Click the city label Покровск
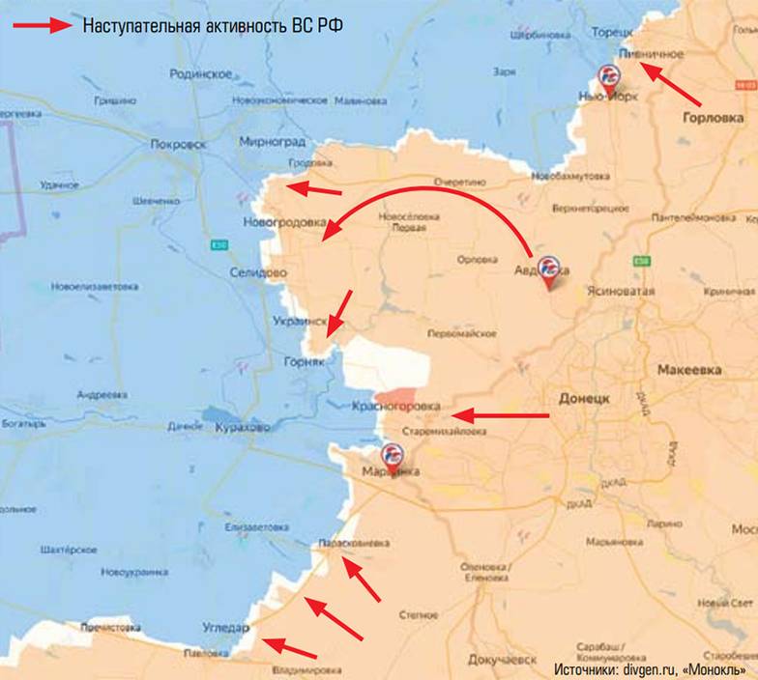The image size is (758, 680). point(179,144)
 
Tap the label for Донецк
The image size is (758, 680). point(584,398)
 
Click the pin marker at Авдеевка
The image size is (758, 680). point(549,269)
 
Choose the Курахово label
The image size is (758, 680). point(243,426)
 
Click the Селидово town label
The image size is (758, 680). point(258,273)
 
